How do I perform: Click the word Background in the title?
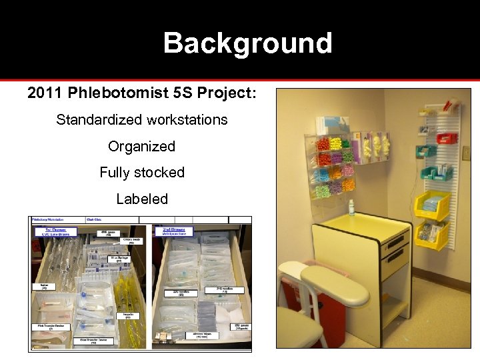[247, 43]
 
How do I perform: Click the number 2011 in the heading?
[45, 93]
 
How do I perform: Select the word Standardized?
[97, 120]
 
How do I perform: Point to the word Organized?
[141, 146]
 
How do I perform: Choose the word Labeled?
[142, 199]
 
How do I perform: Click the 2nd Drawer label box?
[173, 231]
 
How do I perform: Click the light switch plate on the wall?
[466, 153]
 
